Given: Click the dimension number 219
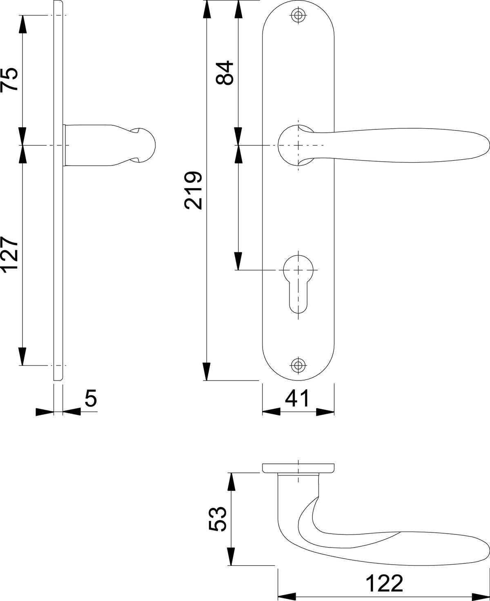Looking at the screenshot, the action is click(x=193, y=190).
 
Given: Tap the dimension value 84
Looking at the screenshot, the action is click(x=225, y=73).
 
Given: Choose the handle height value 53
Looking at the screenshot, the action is click(x=218, y=519).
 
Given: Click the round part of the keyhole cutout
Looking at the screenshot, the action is click(x=298, y=269).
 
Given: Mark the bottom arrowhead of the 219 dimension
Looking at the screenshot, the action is click(x=207, y=372).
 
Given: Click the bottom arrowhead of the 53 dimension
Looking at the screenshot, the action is click(x=232, y=556).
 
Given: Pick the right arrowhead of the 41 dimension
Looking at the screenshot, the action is click(x=325, y=412).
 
